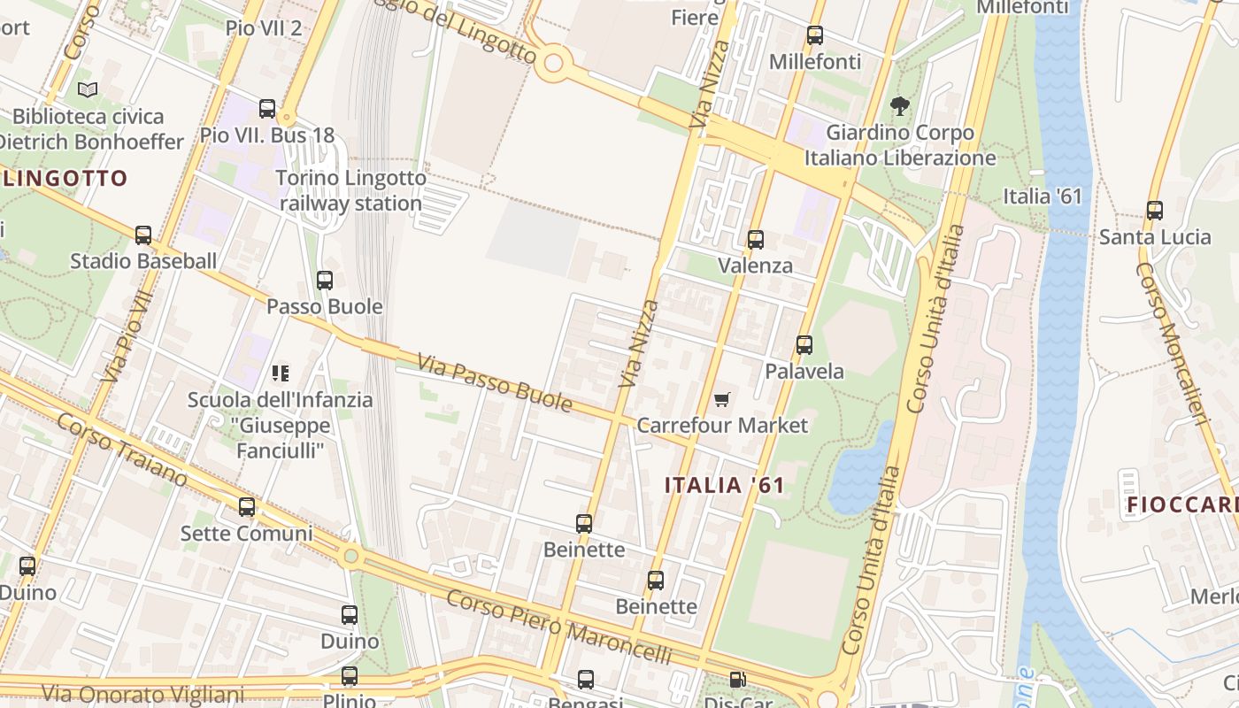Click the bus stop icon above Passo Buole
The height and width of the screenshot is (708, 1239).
click(x=325, y=281)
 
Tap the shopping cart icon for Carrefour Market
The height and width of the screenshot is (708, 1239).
click(x=722, y=400)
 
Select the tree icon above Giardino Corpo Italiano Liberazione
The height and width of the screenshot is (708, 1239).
click(x=900, y=107)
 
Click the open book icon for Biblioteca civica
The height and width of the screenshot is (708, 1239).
click(x=87, y=90)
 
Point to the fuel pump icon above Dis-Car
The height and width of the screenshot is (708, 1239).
click(x=737, y=680)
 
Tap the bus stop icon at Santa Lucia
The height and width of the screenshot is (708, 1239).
click(x=1155, y=211)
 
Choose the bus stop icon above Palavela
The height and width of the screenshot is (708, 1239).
click(x=804, y=345)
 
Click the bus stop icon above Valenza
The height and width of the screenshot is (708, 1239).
click(x=756, y=240)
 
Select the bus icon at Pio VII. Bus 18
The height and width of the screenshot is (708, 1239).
click(x=267, y=109)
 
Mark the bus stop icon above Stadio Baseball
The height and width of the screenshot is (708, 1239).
click(x=143, y=235)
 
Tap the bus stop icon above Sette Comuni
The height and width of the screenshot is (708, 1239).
click(x=247, y=507)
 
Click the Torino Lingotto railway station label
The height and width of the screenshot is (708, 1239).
click(x=351, y=190)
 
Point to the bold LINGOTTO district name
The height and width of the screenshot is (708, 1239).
click(x=66, y=178)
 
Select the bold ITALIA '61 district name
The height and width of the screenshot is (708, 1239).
click(x=725, y=485)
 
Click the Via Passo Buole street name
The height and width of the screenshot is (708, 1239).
click(x=495, y=382)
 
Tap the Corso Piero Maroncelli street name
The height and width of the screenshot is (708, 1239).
click(x=558, y=627)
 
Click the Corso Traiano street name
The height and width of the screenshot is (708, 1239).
click(x=122, y=449)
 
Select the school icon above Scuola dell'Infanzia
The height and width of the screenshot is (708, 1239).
click(x=281, y=373)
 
